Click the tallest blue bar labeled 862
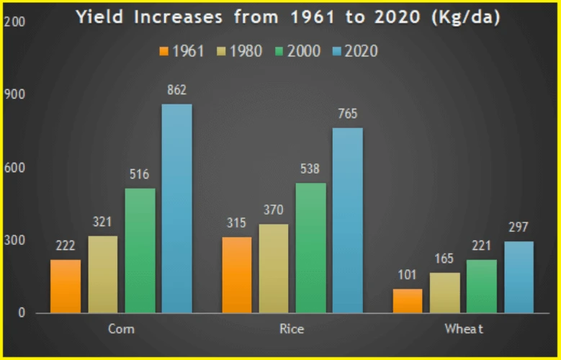(176, 209)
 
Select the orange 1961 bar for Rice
(238, 275)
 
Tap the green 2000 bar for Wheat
(482, 286)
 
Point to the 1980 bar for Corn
(103, 274)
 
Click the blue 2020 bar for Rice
(347, 220)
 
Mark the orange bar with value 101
(408, 300)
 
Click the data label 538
(310, 170)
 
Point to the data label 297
(519, 228)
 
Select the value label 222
(66, 246)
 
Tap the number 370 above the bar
(274, 210)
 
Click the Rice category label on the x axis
(292, 330)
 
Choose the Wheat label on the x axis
(463, 330)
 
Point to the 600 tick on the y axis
(14, 167)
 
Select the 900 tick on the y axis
(14, 94)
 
